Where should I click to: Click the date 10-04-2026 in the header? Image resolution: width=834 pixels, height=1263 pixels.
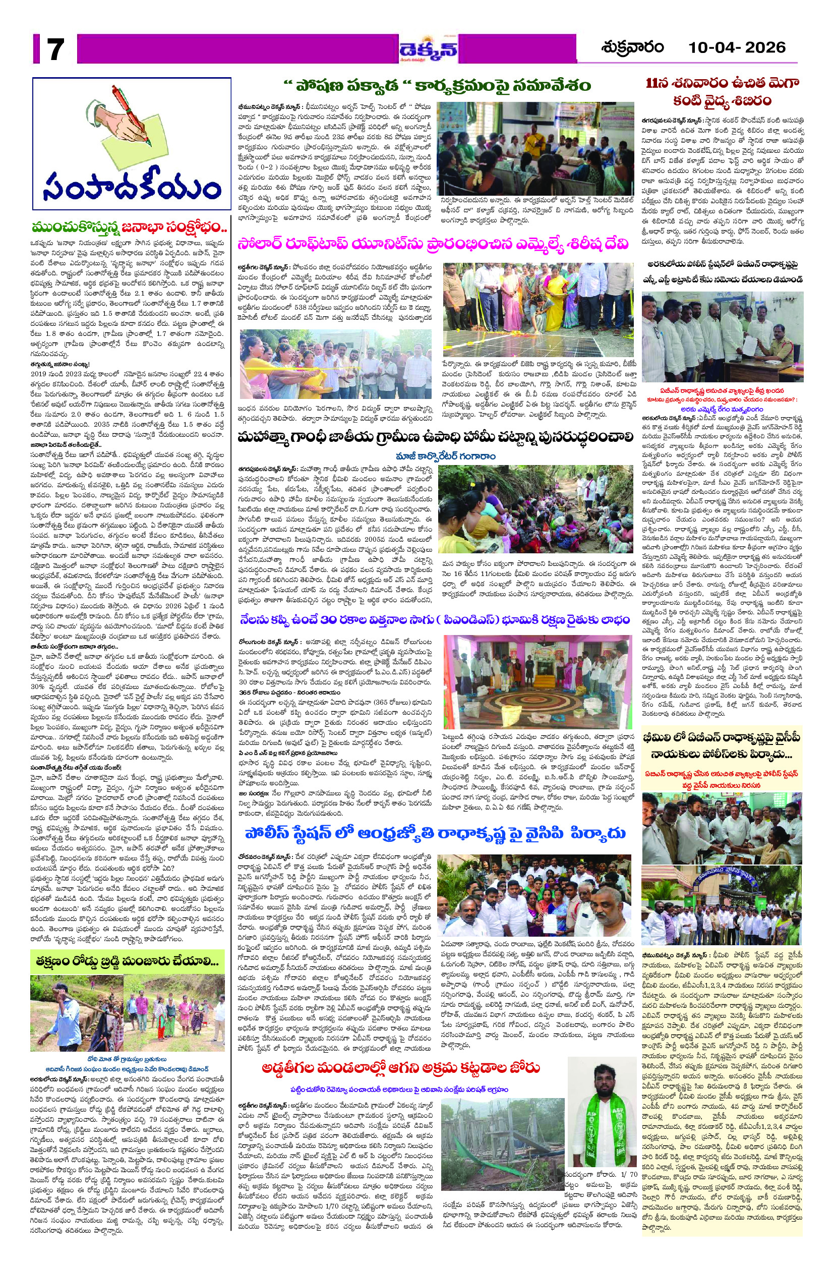click(x=736, y=48)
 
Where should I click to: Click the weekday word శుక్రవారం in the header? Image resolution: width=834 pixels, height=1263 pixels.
click(x=632, y=48)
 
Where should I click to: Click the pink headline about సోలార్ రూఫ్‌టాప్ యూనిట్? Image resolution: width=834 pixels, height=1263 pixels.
click(x=434, y=244)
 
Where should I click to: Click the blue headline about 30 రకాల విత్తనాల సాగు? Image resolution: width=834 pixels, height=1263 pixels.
click(x=434, y=622)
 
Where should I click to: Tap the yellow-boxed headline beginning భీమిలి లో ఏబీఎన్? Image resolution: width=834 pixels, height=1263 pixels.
click(x=722, y=745)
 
